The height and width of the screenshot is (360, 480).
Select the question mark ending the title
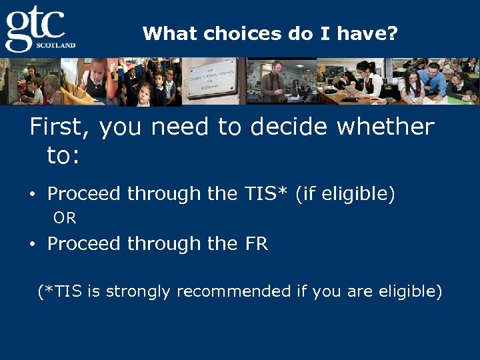point(393,33)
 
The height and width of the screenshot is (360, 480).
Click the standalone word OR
point(65,218)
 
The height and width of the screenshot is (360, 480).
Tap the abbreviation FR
point(256,244)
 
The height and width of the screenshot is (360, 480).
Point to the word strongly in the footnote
point(138,291)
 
